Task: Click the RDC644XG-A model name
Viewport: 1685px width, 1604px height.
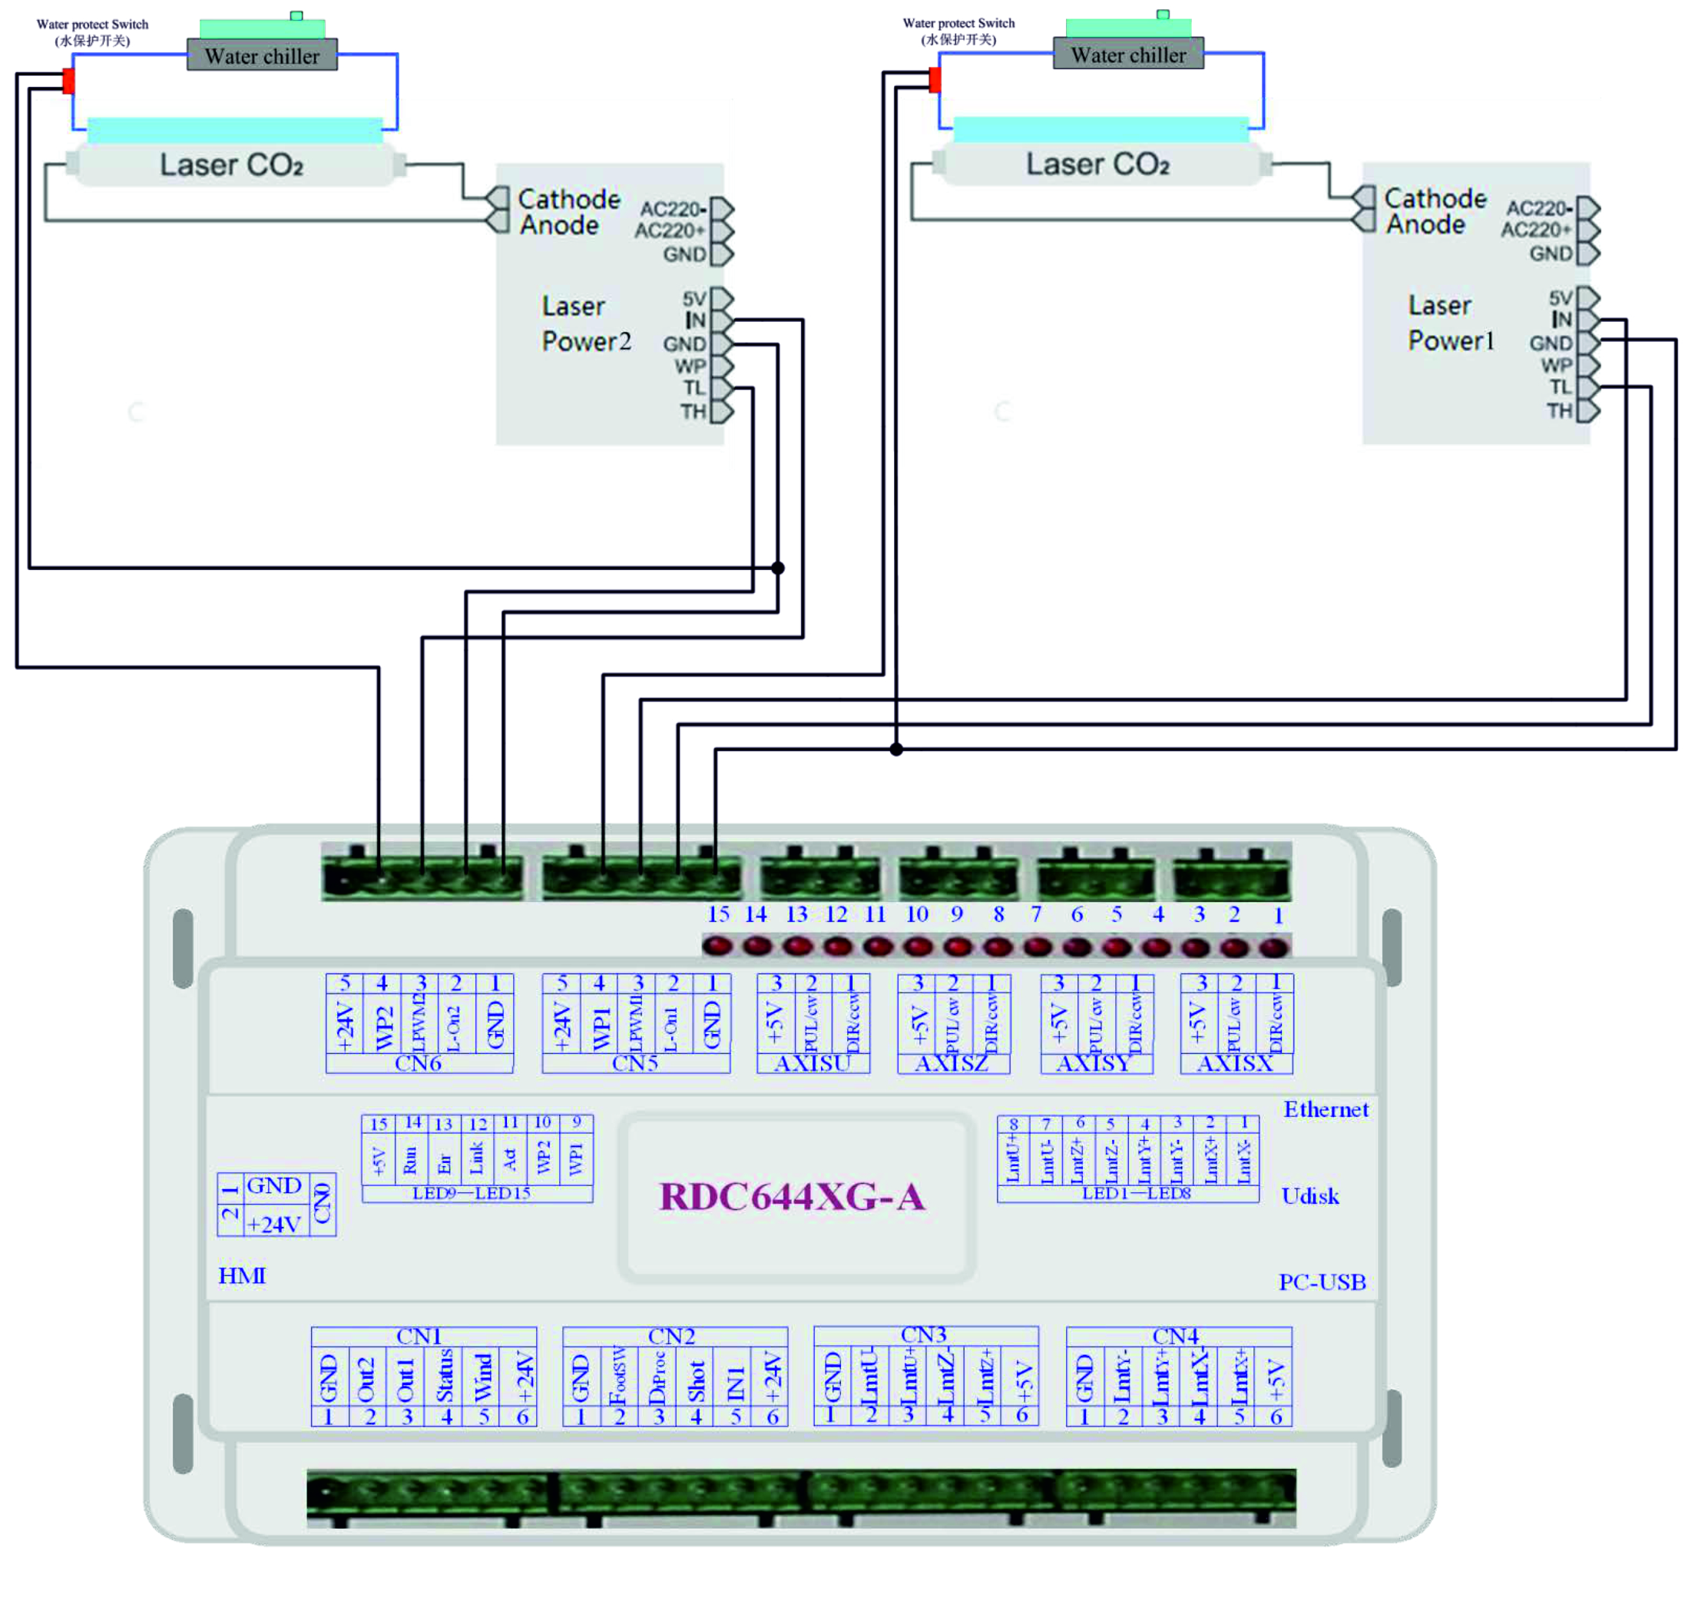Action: (791, 1196)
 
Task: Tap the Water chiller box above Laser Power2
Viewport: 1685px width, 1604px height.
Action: (262, 55)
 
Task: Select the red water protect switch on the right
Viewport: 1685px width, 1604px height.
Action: (935, 80)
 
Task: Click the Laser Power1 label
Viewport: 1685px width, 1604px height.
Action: (1451, 323)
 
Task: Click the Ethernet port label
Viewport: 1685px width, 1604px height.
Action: (1325, 1109)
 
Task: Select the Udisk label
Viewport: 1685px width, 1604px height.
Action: (1309, 1195)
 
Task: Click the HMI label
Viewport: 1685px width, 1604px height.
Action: (242, 1276)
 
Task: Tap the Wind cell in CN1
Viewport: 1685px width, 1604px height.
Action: (483, 1377)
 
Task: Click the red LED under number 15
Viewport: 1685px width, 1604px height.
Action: (717, 946)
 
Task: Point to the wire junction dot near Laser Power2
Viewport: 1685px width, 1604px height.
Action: (777, 568)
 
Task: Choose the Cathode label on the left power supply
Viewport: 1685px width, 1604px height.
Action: (568, 199)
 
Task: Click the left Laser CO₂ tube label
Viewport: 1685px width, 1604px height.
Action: (232, 164)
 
